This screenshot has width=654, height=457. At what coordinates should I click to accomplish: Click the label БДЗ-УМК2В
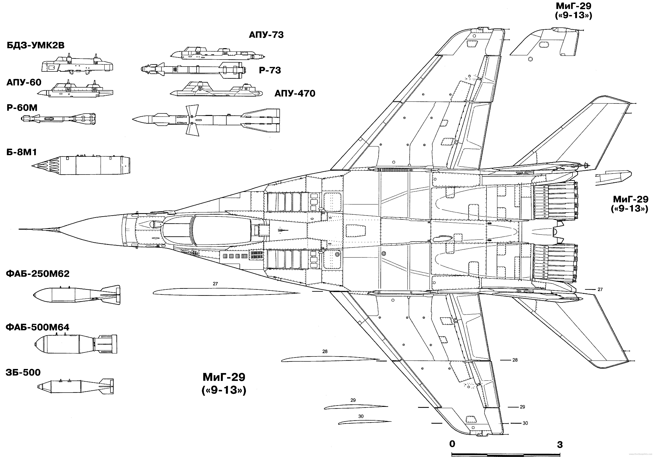[x=36, y=46]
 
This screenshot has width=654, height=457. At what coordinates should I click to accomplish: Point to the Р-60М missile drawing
[x=58, y=119]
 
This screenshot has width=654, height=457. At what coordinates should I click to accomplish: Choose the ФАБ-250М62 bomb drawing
[x=77, y=295]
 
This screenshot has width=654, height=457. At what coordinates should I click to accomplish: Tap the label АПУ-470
[x=295, y=94]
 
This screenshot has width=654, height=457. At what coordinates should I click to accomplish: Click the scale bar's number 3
[x=560, y=444]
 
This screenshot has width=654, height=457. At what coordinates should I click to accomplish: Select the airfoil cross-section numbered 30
[x=365, y=422]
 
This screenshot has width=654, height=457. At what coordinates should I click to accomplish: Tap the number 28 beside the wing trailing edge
[x=515, y=360]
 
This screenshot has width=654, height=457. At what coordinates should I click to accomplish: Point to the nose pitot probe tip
[x=20, y=229]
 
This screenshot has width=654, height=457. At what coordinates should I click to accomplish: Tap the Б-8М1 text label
[x=22, y=152]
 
